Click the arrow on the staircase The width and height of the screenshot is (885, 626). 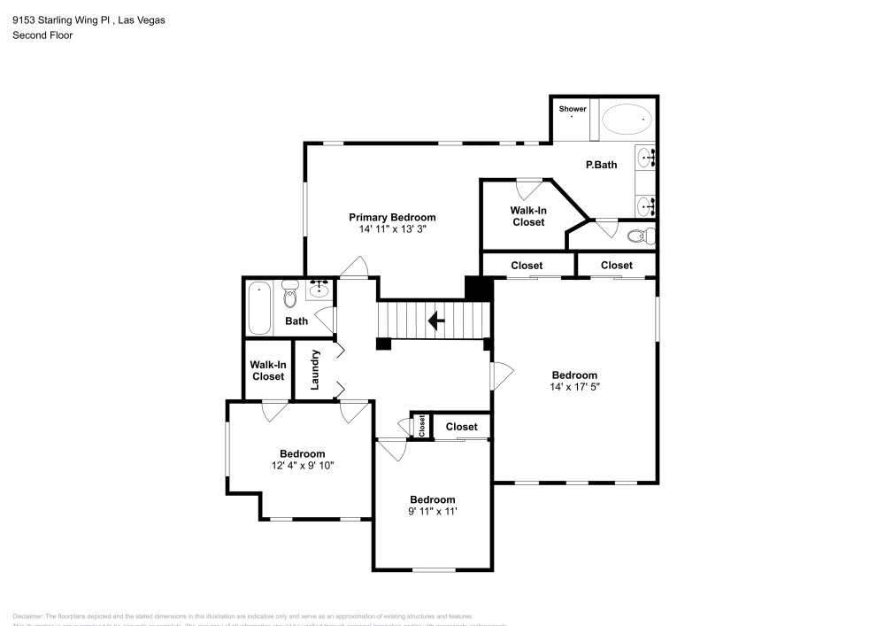435,320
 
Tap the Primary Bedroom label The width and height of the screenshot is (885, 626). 392,217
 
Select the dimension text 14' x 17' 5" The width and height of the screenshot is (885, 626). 574,386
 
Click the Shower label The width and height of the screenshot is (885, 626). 573,109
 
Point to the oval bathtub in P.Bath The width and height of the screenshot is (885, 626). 627,119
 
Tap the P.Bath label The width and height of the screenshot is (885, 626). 601,165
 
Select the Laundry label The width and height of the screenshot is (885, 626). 314,369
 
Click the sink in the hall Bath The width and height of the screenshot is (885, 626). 319,289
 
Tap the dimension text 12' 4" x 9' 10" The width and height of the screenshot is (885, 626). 303,465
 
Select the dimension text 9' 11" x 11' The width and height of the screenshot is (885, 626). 432,511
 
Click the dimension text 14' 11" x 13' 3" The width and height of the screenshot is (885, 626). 392,228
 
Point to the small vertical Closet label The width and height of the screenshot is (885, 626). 422,426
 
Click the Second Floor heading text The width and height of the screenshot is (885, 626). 42,35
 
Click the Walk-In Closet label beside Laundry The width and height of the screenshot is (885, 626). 267,370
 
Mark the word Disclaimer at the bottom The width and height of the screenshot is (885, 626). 27,616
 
